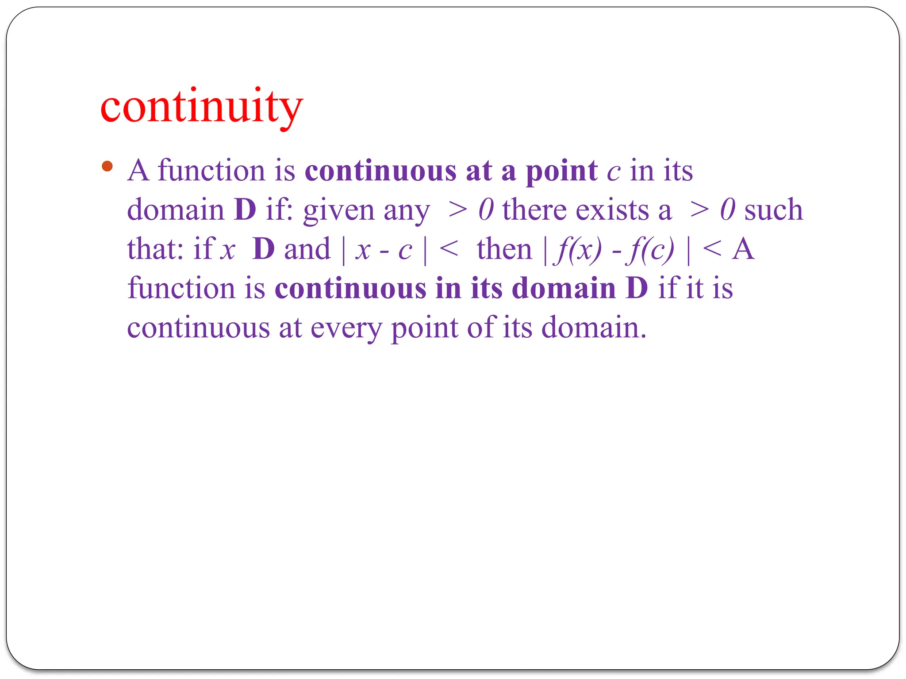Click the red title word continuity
(202, 107)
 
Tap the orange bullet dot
(107, 167)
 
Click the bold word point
(561, 171)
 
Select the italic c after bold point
(614, 172)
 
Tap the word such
(773, 210)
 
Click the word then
(504, 249)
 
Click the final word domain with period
(594, 328)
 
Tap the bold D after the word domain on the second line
(245, 210)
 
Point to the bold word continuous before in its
(350, 289)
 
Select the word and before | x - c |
(307, 249)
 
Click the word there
(534, 210)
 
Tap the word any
(407, 212)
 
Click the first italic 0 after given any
(486, 210)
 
